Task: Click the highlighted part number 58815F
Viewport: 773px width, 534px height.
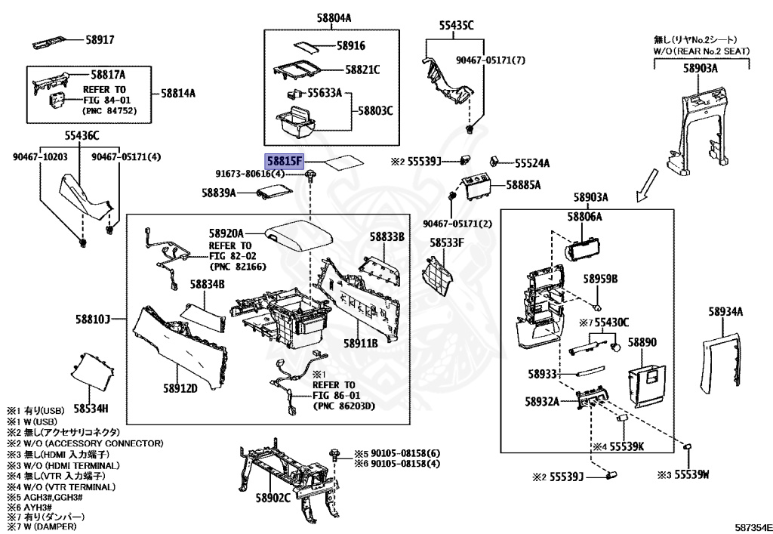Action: coord(283,162)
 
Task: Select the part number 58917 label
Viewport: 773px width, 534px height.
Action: coord(99,39)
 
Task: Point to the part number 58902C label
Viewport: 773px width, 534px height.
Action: coord(273,498)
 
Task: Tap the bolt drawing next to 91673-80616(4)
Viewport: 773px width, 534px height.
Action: coord(311,176)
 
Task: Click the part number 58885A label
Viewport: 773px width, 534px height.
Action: coord(523,184)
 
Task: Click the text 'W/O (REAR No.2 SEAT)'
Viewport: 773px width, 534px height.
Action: coord(694,51)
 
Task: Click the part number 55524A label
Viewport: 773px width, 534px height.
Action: coord(532,162)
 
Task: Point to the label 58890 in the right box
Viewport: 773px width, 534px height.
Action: coord(642,342)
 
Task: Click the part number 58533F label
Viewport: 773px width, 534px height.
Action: coord(447,242)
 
